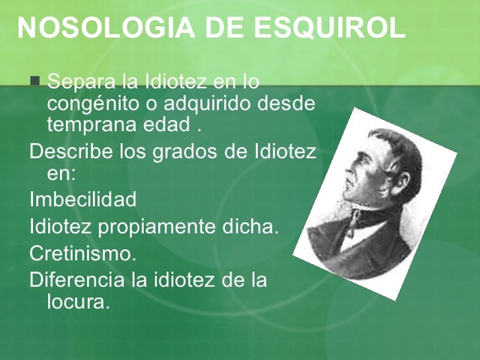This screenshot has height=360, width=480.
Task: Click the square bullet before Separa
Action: point(34,81)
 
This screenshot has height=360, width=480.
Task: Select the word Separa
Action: point(81,81)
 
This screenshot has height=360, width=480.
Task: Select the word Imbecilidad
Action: point(83,200)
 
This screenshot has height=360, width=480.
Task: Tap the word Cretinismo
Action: point(82,253)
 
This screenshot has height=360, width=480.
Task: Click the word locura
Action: point(77,301)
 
